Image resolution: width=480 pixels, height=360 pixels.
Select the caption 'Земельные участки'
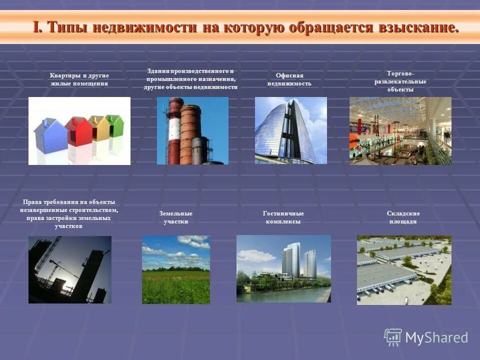pyautogui.click(x=176, y=217)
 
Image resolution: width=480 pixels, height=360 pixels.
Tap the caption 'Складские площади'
pyautogui.click(x=403, y=217)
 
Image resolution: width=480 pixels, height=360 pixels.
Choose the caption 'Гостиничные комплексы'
pyautogui.click(x=283, y=217)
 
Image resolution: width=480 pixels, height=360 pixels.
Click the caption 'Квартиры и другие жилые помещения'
pyautogui.click(x=79, y=79)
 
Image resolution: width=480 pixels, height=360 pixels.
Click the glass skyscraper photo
pyautogui.click(x=290, y=130)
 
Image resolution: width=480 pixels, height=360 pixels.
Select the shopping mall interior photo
pyautogui.click(x=400, y=131)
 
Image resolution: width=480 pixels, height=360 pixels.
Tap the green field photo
pyautogui.click(x=176, y=269)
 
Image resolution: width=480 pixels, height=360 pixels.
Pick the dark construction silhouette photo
pyautogui.click(x=70, y=269)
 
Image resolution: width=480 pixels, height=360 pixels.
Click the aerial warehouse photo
pyautogui.click(x=404, y=270)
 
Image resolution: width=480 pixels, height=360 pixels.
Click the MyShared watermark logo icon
pyautogui.click(x=393, y=337)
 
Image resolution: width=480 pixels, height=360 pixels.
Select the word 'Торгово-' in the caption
pyautogui.click(x=400, y=73)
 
